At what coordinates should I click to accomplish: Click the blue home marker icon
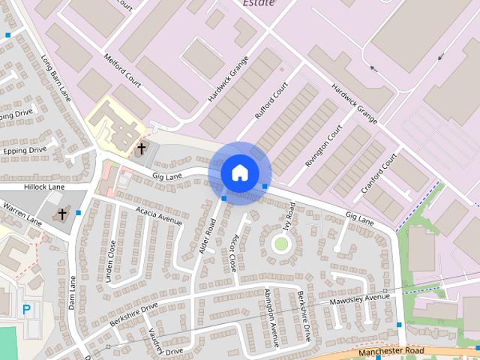click(x=239, y=172)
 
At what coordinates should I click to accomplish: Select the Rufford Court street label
click(x=271, y=101)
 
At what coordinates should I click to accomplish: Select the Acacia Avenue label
click(x=160, y=215)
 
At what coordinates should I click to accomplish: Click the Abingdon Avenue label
click(x=271, y=318)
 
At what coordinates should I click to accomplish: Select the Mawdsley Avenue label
click(x=360, y=298)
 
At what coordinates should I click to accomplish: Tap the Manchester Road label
click(x=391, y=351)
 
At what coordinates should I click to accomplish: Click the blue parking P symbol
click(x=27, y=308)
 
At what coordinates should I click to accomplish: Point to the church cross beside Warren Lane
click(x=62, y=214)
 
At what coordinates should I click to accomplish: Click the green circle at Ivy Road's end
click(x=281, y=243)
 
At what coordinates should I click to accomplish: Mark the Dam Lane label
click(x=73, y=293)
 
